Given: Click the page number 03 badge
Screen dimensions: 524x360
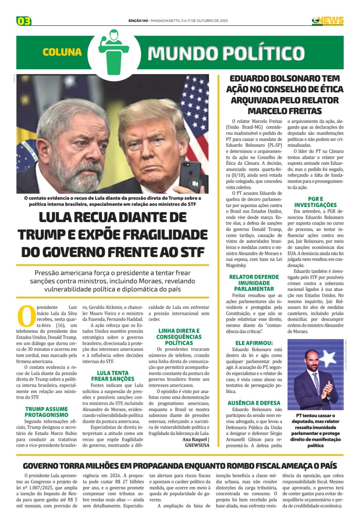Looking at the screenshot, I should point(24,21).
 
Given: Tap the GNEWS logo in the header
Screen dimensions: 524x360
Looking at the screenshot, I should point(328,21).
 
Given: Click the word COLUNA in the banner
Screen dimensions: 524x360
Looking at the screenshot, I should point(62,52).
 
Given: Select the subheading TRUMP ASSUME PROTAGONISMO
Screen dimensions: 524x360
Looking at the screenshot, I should point(46,412).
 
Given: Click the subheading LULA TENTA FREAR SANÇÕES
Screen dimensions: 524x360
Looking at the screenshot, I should point(112,376).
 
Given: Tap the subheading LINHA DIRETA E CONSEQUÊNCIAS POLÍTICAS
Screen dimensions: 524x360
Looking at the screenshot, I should point(179,337).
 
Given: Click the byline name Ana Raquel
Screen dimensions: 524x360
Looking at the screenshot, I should point(195,439).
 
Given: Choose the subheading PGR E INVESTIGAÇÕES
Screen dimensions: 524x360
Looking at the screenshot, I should point(315,202).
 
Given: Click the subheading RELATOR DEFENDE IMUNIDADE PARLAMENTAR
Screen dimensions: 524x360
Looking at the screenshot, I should point(254,283).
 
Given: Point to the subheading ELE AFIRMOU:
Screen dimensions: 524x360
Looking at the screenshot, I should point(254,343).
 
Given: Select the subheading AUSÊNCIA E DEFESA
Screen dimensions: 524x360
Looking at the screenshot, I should point(254,403).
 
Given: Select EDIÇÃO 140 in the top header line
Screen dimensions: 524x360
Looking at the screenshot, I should point(138,21).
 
